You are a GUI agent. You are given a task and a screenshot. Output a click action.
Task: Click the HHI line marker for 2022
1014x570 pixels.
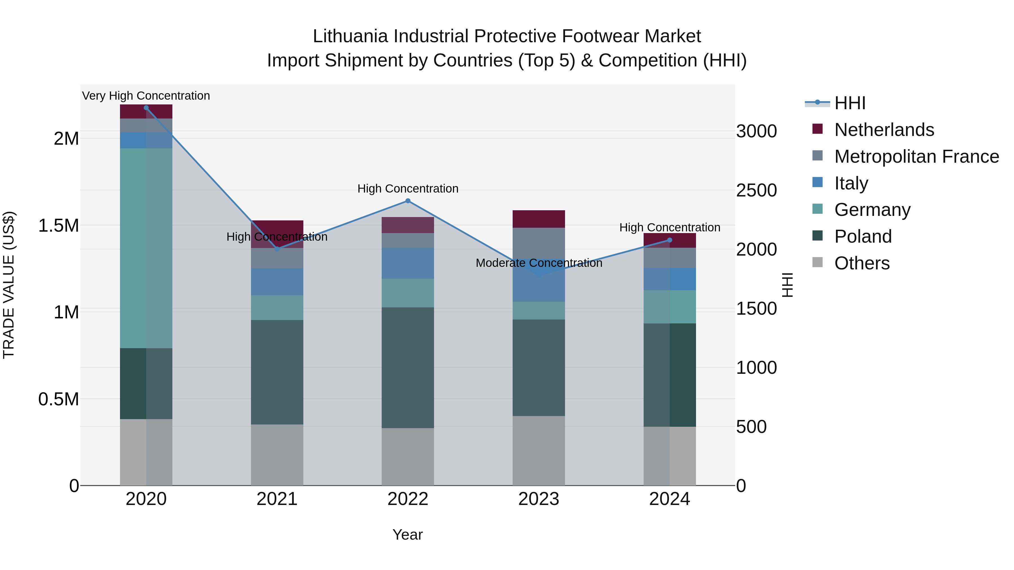408,201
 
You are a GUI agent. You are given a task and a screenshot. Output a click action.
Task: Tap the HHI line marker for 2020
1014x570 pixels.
146,108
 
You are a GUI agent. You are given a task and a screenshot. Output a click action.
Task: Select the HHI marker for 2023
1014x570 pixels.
539,274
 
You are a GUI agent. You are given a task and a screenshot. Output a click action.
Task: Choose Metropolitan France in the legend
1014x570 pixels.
916,157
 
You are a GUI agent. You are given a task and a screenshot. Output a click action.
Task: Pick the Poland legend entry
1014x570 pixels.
863,236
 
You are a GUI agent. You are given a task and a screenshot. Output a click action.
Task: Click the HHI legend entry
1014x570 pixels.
850,103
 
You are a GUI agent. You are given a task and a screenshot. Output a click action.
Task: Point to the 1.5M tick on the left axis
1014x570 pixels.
59,226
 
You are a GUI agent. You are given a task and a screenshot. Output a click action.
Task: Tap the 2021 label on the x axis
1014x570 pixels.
277,499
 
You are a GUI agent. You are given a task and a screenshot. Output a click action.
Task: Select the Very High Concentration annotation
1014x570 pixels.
146,96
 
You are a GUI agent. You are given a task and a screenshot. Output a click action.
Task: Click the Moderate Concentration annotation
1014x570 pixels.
539,263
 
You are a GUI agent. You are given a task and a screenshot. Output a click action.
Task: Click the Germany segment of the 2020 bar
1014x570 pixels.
146,248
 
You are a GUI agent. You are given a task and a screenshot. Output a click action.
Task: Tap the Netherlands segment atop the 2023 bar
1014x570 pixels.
539,219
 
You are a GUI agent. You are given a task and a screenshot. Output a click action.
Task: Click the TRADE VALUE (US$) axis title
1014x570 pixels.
9,285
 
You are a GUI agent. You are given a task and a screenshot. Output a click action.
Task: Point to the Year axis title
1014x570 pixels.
407,535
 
